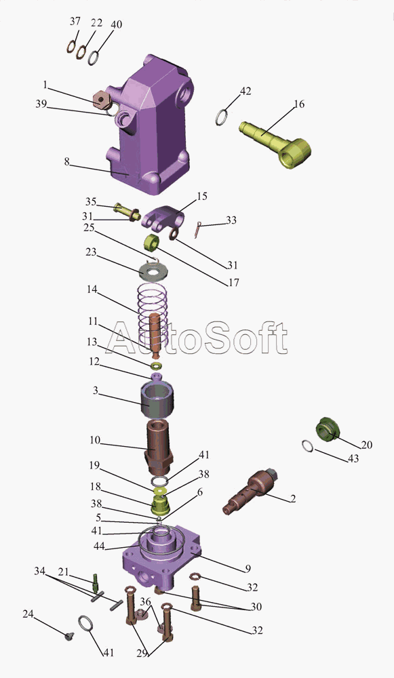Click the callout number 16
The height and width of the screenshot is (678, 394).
coord(299,104)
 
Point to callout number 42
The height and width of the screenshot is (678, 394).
coord(245,92)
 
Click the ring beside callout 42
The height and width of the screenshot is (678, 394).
coord(222,117)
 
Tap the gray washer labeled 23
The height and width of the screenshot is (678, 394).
coord(153,273)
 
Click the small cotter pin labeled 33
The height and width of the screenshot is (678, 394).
coord(198,228)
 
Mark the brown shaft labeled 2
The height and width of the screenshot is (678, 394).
coord(251,491)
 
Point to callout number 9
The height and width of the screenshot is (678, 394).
coord(248,569)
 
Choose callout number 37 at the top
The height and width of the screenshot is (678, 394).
coord(75,21)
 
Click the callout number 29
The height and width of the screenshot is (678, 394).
coord(142,654)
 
